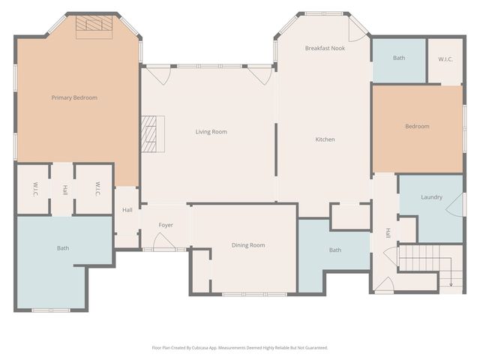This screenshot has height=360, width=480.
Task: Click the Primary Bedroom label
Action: [74, 97]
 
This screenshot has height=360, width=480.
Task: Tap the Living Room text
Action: [211, 132]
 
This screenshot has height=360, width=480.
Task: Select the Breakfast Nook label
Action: [325, 48]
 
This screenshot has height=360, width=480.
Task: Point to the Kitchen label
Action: [325, 139]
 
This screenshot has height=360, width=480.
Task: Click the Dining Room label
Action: [247, 245]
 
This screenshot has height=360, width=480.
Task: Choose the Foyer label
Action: [166, 225]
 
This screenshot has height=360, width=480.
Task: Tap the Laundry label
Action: [431, 197]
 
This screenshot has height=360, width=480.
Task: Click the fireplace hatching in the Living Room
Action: [154, 135]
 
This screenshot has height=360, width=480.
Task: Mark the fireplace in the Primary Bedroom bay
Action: [94, 24]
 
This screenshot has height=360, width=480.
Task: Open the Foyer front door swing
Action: [163, 241]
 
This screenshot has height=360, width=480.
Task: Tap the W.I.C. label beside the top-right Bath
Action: [444, 59]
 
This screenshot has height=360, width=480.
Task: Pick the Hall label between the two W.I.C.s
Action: [64, 190]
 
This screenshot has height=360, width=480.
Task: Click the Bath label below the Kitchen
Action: [334, 250]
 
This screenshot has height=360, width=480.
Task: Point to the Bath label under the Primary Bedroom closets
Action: [62, 247]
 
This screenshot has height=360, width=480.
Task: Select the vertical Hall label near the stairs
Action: [388, 233]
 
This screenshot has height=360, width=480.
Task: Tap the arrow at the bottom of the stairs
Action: [451, 281]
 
